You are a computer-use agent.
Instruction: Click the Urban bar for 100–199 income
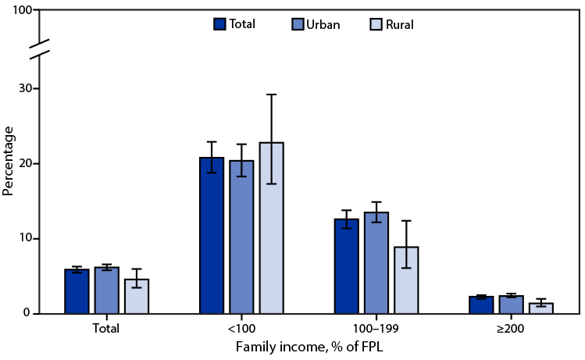pos(376,262)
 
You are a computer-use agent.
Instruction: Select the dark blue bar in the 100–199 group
pos(347,266)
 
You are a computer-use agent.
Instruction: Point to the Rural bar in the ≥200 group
pos(541,308)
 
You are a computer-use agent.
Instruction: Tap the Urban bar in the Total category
pos(107,290)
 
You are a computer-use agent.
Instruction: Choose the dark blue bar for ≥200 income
pos(482,305)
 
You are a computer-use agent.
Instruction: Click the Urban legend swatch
pos(298,24)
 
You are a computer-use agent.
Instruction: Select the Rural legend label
pos(398,24)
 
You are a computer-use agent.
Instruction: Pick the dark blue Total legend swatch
pos(219,24)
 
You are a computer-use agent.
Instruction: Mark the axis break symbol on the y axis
pos(41,48)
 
